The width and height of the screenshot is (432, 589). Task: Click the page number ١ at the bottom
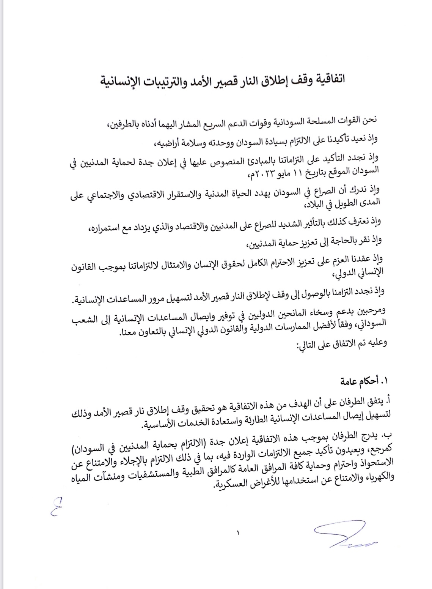(238, 533)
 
